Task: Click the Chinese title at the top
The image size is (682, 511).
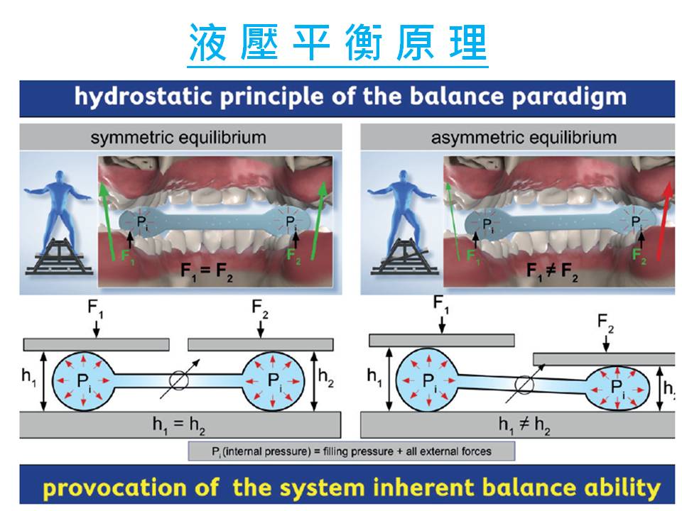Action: point(338,43)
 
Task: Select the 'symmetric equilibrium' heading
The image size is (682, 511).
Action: point(178,137)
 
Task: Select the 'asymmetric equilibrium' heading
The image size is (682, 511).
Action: point(524,137)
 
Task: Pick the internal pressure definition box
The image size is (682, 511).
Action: point(350,451)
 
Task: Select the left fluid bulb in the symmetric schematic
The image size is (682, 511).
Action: point(82,382)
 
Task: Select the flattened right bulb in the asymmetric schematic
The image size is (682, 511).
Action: point(619,388)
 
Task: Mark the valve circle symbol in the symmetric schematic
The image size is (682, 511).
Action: point(180,381)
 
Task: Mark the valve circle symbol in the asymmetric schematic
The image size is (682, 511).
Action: point(524,383)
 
